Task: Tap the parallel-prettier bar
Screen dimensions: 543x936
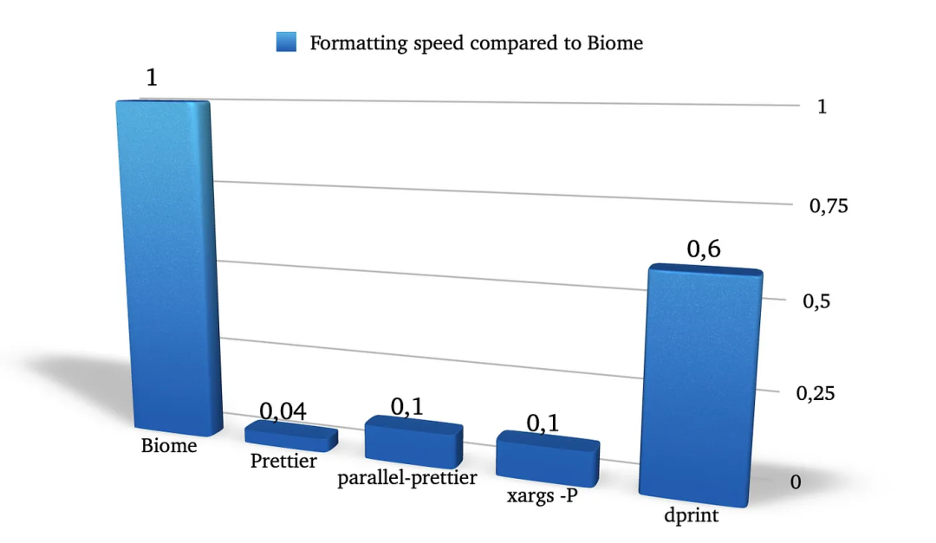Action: coord(413,440)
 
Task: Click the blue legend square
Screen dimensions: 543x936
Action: coord(286,42)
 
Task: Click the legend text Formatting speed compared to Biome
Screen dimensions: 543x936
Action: coord(477,42)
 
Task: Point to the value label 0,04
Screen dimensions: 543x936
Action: coord(283,411)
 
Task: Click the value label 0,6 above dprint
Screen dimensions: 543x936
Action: coord(704,249)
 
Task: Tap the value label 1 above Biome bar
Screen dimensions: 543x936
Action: coord(152,78)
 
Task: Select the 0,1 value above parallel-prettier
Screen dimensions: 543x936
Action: coord(406,405)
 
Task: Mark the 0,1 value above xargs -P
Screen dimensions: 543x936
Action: coord(543,423)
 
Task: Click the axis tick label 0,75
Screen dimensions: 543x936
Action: coord(828,206)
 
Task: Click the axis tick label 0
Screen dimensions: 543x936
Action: coord(796,482)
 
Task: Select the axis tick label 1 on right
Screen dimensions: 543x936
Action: coord(822,107)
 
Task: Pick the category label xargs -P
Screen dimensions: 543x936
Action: coord(542,497)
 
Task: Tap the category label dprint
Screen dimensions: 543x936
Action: coord(692,517)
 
